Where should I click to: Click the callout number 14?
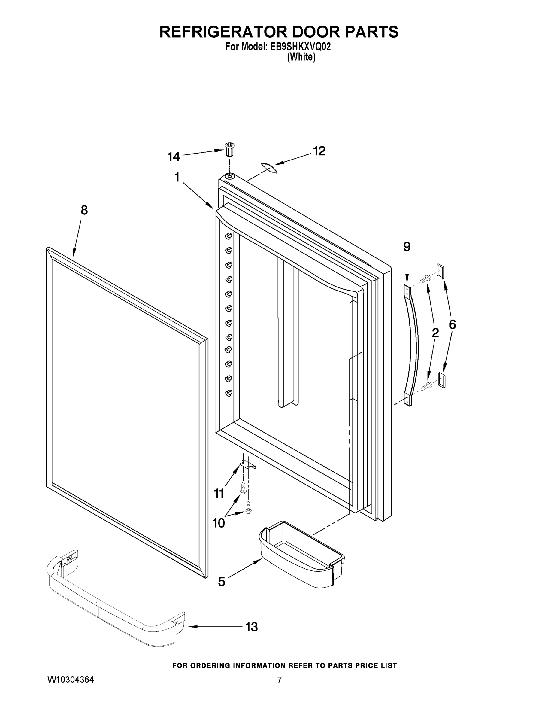(174, 156)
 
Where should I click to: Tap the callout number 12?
(319, 151)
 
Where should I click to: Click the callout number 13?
(251, 627)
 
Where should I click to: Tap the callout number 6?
(452, 324)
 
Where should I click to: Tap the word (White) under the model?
(301, 57)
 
